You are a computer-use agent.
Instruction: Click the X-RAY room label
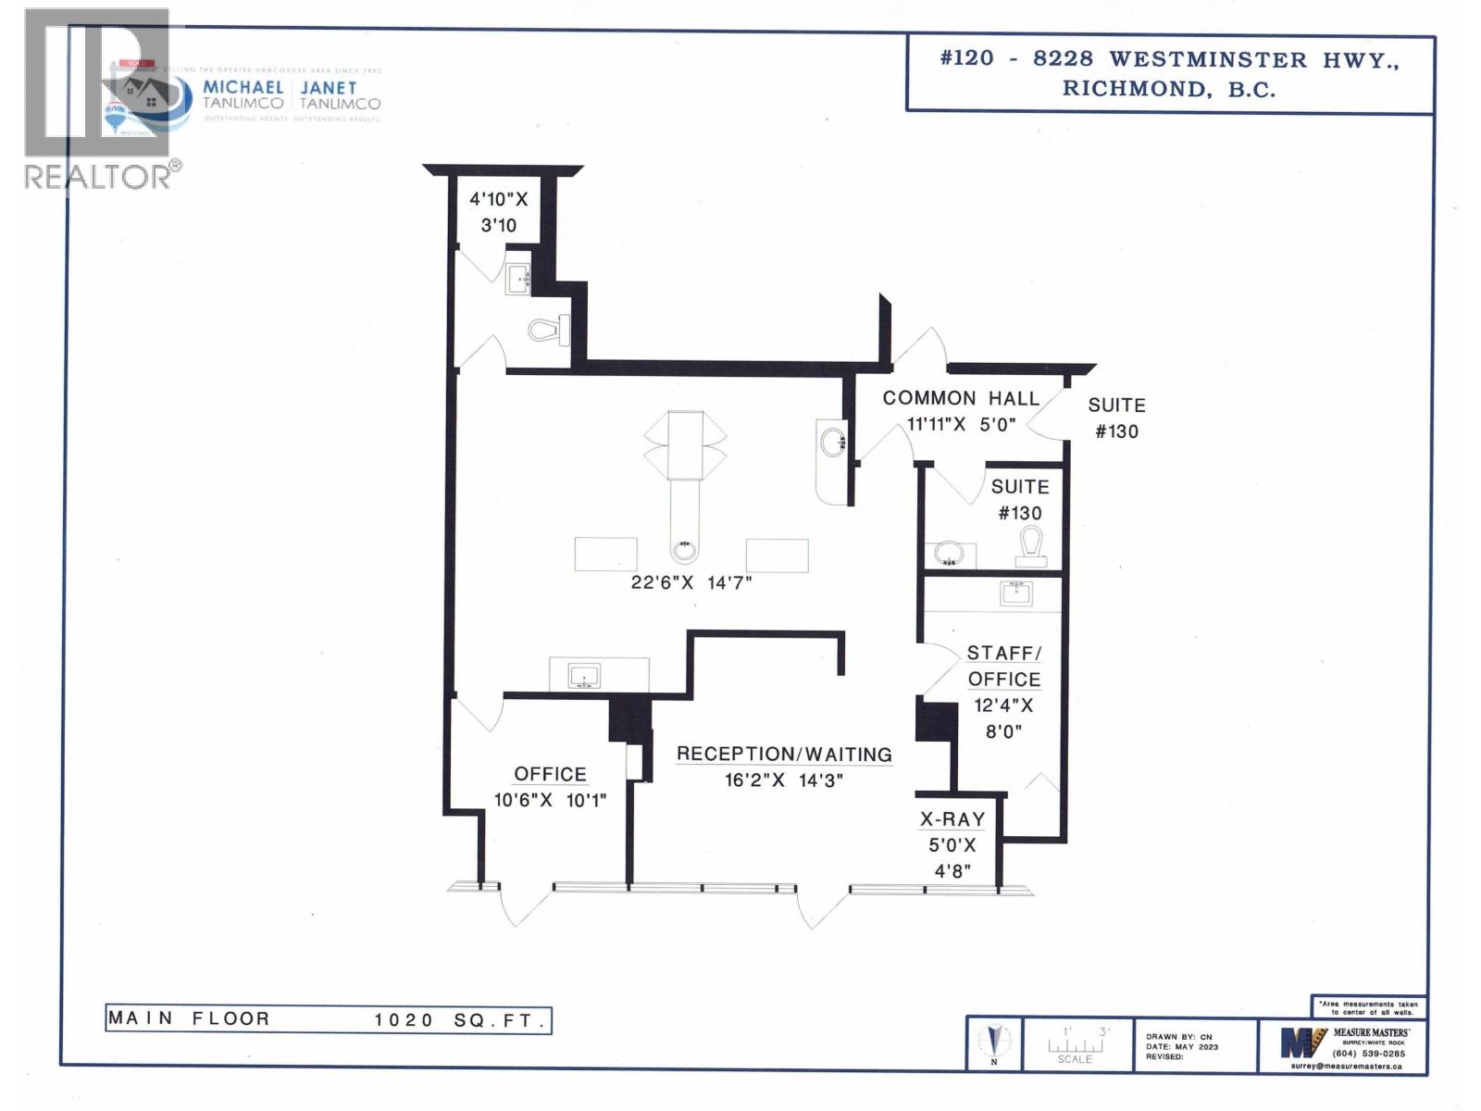pos(952,819)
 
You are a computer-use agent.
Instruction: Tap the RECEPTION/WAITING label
pos(784,755)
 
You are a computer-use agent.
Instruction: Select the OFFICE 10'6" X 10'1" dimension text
pos(550,800)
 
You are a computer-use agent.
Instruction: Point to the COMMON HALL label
pos(960,398)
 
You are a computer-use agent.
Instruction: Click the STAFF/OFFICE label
pos(1004,666)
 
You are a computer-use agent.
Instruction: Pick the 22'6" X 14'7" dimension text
pos(691,583)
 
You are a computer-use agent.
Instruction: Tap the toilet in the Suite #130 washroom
pos(1030,546)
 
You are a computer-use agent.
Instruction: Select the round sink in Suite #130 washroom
pos(948,555)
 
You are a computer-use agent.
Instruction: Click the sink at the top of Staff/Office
pos(1015,592)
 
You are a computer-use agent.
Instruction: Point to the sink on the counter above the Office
pos(584,676)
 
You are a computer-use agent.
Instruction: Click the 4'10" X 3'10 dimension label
pos(498,212)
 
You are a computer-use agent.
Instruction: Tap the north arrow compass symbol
pos(995,1042)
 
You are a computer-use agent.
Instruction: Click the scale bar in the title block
pos(1075,1044)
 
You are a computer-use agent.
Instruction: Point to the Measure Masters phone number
pos(1368,1054)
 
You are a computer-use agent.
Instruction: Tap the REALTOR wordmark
pos(97,176)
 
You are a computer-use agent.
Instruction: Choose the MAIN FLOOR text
pos(189,1018)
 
